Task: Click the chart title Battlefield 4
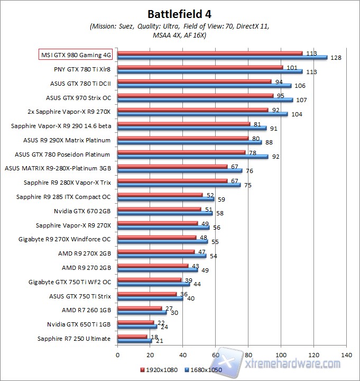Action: (x=180, y=13)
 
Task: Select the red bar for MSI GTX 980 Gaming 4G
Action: (x=210, y=53)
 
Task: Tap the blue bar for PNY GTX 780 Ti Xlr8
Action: (x=210, y=71)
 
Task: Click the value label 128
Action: (x=335, y=58)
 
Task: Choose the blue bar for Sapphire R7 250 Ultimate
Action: (x=134, y=340)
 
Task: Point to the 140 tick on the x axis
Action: (x=347, y=354)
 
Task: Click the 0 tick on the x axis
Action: (x=117, y=354)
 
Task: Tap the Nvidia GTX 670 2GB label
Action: (x=81, y=211)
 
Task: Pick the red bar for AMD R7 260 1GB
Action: (x=140, y=307)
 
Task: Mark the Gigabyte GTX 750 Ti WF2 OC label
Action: (x=70, y=282)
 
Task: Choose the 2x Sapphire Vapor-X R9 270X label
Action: (x=69, y=112)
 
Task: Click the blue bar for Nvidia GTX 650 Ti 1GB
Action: (x=137, y=326)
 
